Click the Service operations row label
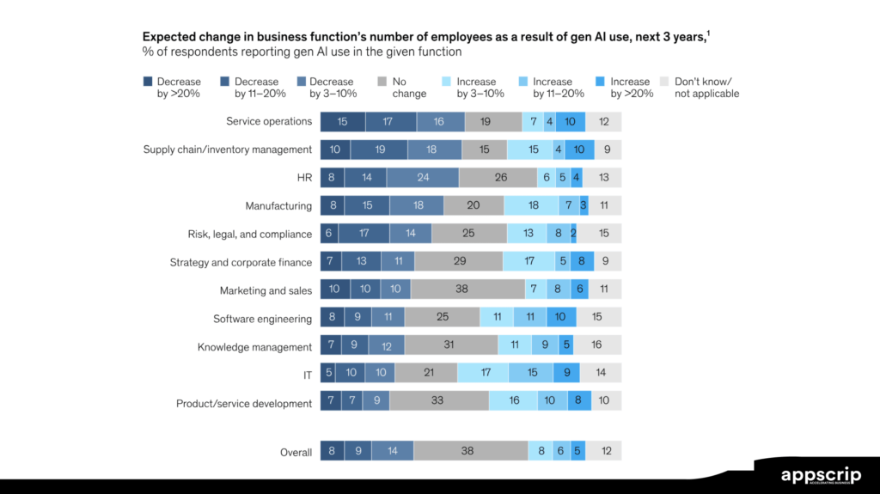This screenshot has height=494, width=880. [x=269, y=121]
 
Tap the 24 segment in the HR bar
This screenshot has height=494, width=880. [x=422, y=178]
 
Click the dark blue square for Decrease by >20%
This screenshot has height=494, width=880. [x=148, y=82]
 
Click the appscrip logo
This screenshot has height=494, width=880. [x=818, y=476]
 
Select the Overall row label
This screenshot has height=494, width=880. [x=296, y=452]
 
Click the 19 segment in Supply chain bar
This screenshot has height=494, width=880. [x=380, y=149]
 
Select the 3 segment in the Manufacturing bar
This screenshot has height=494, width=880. [x=584, y=206]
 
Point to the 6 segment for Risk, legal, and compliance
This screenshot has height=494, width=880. [x=329, y=234]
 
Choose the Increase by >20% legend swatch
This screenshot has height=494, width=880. [x=601, y=82]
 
